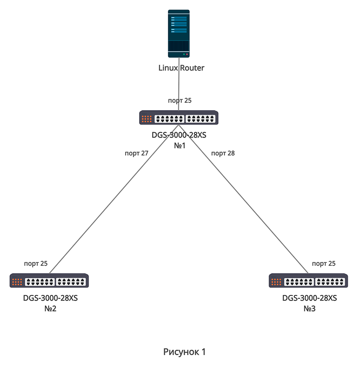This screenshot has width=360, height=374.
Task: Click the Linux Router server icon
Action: pos(179,34)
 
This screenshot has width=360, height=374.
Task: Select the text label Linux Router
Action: pos(181,68)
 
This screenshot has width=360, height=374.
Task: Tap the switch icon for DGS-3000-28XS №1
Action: pos(179,118)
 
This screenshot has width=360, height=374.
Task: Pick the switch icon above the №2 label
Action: pos(49,281)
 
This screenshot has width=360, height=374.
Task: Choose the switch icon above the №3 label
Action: pos(309,281)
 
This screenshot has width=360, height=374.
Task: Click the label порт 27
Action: pos(136,153)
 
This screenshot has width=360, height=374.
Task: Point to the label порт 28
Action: pos(223,153)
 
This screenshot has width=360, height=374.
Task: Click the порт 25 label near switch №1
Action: pos(180,101)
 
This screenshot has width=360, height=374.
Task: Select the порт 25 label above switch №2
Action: pos(36,264)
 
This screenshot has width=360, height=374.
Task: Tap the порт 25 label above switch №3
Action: pos(324,264)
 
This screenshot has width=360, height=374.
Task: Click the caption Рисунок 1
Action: pos(184,352)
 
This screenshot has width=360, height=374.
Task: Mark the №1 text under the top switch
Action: pos(180,146)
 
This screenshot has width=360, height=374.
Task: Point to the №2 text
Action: pos(50,309)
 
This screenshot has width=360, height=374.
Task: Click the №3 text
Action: pos(310,309)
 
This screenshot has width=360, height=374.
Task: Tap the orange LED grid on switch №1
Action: pos(146,119)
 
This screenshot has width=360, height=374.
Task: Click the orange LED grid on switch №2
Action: pos(17,282)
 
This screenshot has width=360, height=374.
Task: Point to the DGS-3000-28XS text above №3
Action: pos(310,298)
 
